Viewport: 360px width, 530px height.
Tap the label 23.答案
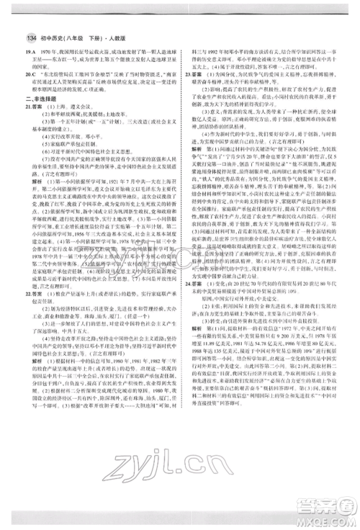[x=190, y=73]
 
